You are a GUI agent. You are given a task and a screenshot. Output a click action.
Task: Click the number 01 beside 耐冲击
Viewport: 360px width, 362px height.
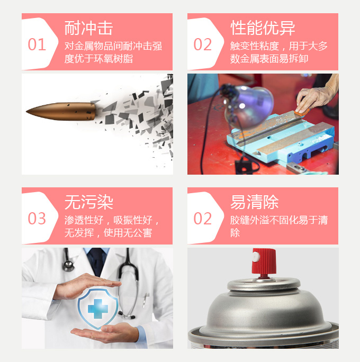tap(37, 44)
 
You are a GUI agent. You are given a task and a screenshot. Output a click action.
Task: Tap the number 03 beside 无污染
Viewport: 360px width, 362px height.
tap(37, 219)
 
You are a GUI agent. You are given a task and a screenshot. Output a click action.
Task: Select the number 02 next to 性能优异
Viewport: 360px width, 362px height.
tap(203, 44)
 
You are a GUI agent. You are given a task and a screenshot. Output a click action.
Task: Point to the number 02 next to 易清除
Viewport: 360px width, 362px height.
tap(203, 219)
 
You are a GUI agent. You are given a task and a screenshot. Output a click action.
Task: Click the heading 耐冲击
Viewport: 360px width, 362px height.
tap(88, 28)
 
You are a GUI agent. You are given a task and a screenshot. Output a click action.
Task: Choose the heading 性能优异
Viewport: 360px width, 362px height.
tap(263, 28)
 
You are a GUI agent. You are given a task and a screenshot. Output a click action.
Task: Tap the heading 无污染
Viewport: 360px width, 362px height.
tap(88, 202)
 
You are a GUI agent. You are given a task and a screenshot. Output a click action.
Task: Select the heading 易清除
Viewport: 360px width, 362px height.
tap(254, 202)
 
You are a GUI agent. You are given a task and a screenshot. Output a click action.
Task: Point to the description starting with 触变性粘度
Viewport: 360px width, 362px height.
tap(278, 52)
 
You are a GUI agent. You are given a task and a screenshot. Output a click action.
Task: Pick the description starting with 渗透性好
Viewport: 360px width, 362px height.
tap(112, 227)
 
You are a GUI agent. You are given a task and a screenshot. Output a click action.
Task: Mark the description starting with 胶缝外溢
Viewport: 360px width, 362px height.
tap(278, 227)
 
